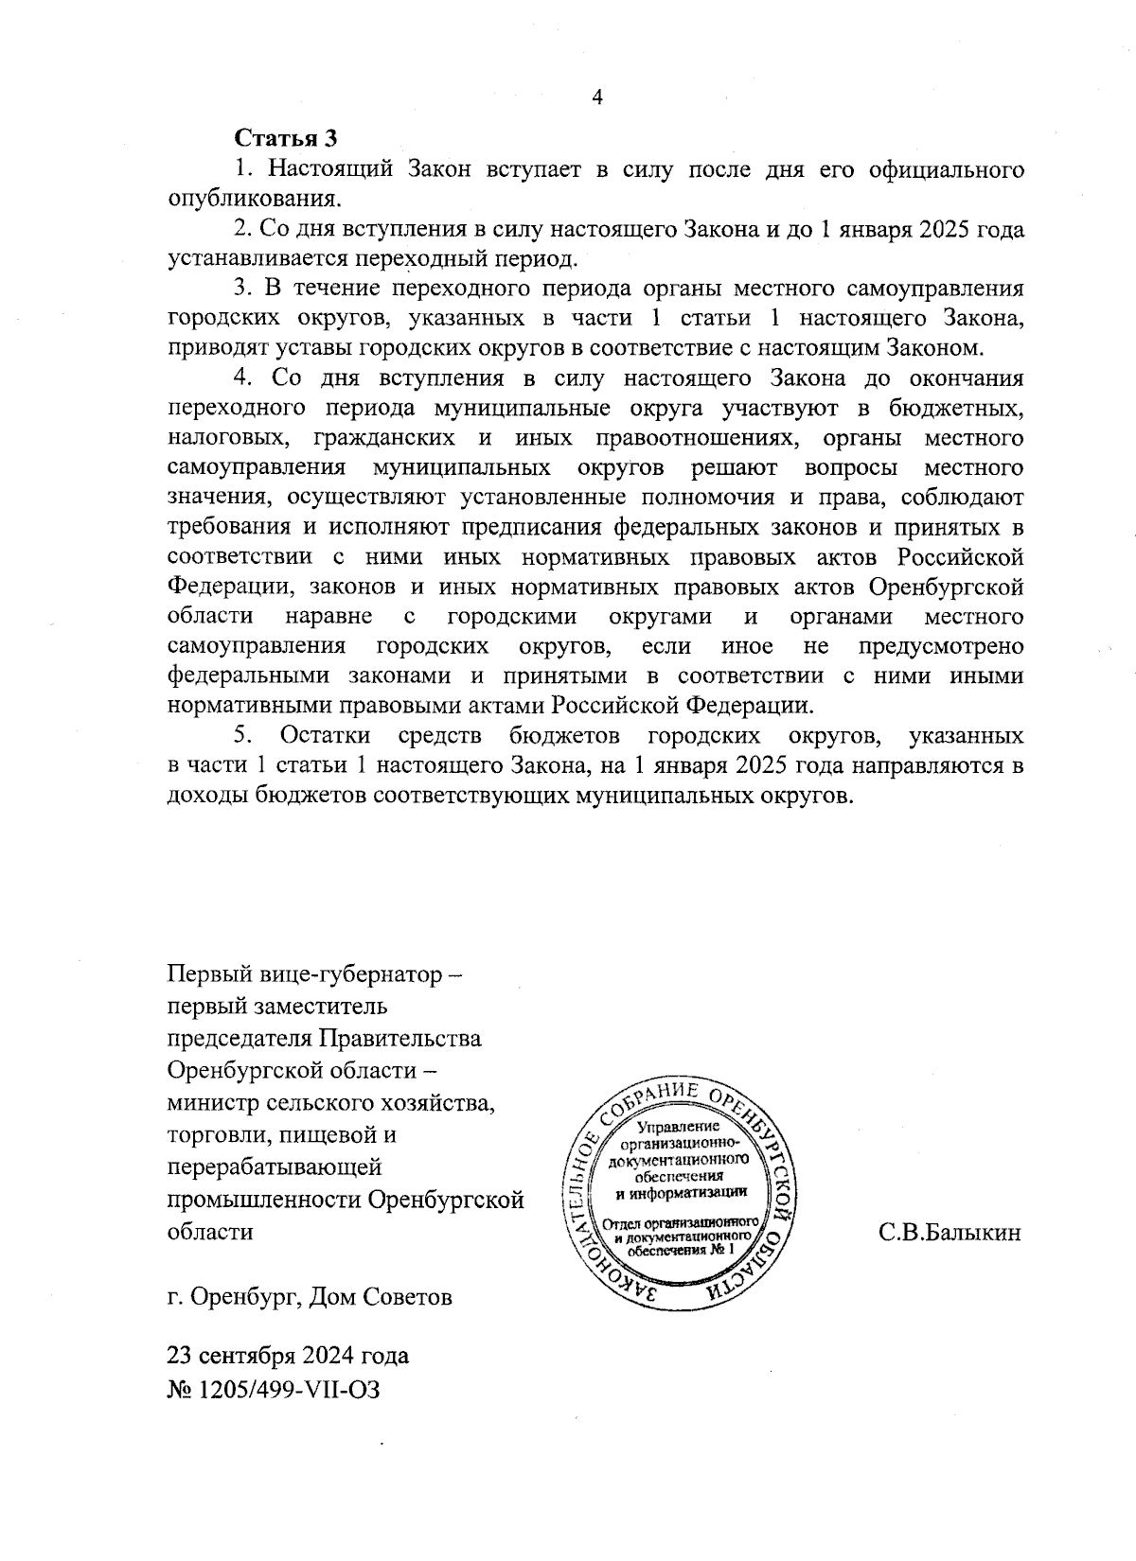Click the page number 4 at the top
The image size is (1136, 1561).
pyautogui.click(x=596, y=98)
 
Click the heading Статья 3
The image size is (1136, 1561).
pyautogui.click(x=286, y=139)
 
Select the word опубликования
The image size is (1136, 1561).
pyautogui.click(x=253, y=200)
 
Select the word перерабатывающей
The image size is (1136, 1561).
pyautogui.click(x=274, y=1167)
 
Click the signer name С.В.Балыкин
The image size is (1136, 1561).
pyautogui.click(x=950, y=1233)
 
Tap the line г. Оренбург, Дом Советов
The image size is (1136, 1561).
pyautogui.click(x=310, y=1297)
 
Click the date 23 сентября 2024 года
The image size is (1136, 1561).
pyautogui.click(x=288, y=1357)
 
